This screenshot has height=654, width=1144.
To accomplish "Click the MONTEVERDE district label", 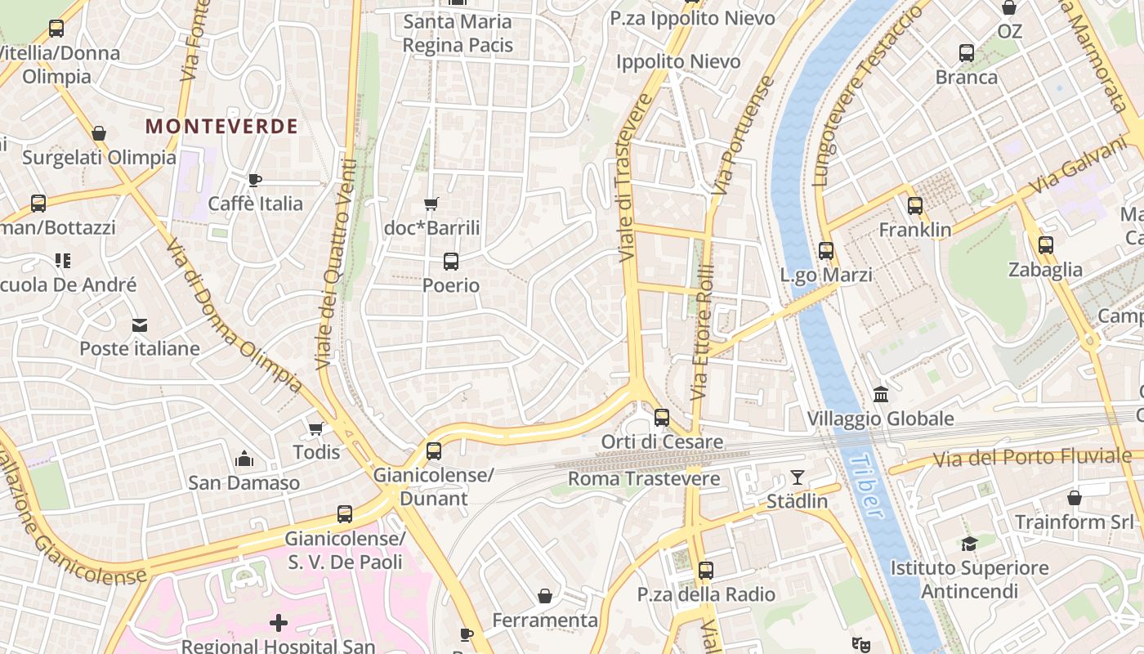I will pos(221,127).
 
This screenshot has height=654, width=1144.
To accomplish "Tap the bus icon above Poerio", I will pos(450,262).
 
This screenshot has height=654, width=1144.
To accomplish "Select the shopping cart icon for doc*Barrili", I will pos(431,204).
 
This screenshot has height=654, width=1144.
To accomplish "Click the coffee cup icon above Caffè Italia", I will pos(255,180).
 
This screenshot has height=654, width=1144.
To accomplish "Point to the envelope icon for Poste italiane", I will pos(140,325).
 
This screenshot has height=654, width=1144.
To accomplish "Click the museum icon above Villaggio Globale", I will pos(881,395).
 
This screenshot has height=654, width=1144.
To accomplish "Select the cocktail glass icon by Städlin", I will pos(798,477).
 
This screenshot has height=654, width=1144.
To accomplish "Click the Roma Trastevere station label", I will pos(644,479).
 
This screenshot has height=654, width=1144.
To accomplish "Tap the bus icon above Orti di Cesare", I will pos(662,418).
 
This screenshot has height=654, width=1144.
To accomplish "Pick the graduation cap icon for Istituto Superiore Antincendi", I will pos(969,544).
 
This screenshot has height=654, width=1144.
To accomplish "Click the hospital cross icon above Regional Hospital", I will pos(279,624).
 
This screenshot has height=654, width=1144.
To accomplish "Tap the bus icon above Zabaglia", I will pos(1045,245).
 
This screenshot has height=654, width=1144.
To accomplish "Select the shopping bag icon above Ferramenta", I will pos(545,597).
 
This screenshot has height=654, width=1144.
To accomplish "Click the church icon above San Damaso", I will pos(244,459).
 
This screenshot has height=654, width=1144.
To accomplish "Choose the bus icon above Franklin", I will pos(915,206).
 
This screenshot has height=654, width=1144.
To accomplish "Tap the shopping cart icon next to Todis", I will pos(316,428).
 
